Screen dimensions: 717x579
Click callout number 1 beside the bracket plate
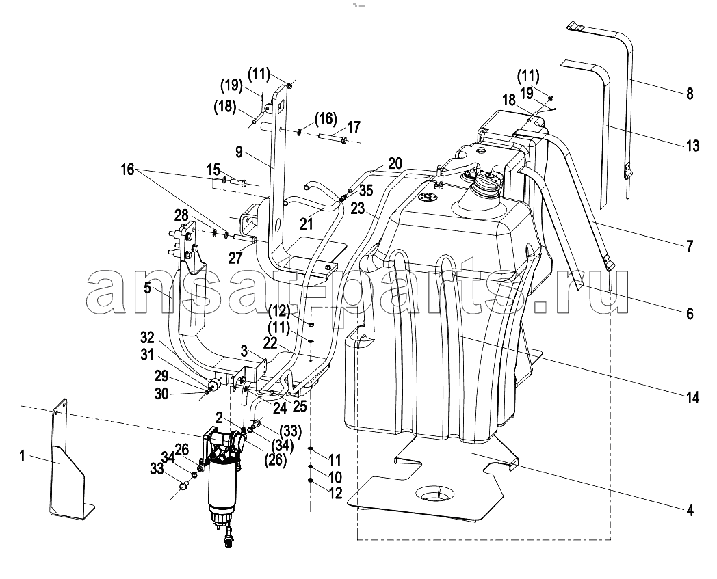[22, 456]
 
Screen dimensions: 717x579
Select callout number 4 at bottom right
[690, 509]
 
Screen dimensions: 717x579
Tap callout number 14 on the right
[693, 398]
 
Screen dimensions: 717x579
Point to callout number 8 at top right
[690, 94]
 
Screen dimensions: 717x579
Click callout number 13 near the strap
[693, 146]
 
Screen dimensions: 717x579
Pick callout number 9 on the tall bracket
[239, 152]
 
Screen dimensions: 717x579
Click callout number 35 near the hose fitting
[365, 190]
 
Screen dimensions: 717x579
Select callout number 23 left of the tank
[358, 209]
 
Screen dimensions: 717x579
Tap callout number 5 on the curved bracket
[147, 288]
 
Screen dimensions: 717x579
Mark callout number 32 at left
[147, 338]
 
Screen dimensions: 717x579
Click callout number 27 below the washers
[235, 258]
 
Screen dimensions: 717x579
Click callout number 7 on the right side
[690, 246]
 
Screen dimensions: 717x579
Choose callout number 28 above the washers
[181, 215]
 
